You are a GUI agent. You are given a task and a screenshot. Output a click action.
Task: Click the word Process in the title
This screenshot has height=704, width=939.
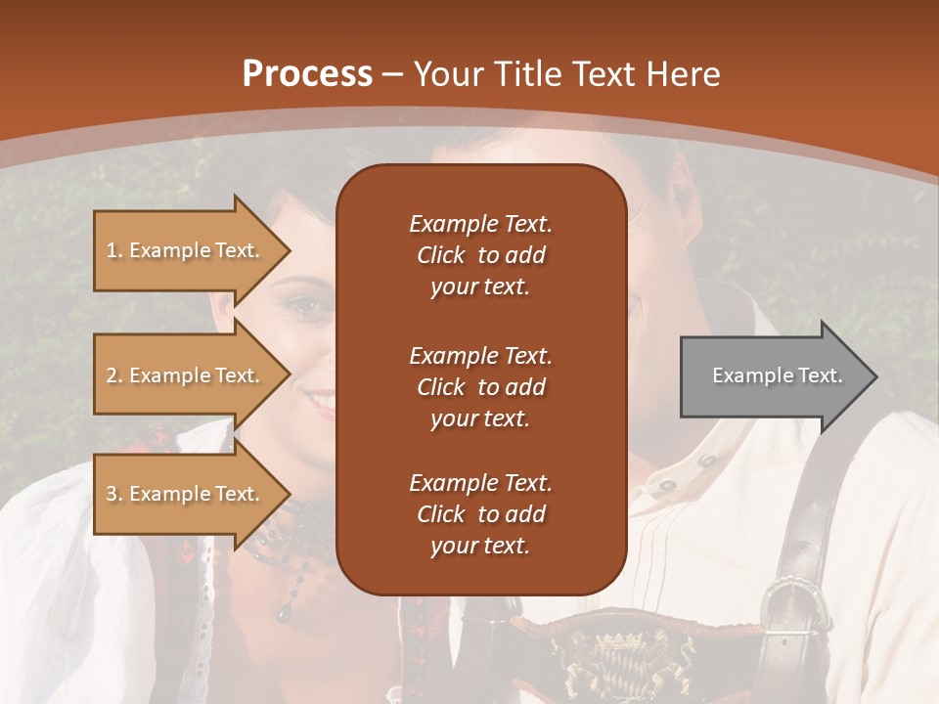pos(307,74)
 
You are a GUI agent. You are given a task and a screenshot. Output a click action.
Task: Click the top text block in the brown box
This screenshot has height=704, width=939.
pos(480,255)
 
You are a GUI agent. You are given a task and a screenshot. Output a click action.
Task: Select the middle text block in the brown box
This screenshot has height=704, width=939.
pos(480,386)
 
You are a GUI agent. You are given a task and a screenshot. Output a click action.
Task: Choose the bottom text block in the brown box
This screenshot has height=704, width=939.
pos(480,514)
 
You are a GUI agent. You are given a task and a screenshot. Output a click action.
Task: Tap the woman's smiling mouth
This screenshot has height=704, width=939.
pos(320,401)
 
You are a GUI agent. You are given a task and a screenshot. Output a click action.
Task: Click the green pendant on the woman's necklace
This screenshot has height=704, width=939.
pos(283,612)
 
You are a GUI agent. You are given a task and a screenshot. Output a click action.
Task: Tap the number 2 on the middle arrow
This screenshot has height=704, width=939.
pos(112,375)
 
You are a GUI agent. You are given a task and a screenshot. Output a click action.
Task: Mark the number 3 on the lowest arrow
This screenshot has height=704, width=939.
pos(112,494)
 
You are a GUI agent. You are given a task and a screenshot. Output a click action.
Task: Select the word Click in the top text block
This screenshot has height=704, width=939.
pos(441,255)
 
